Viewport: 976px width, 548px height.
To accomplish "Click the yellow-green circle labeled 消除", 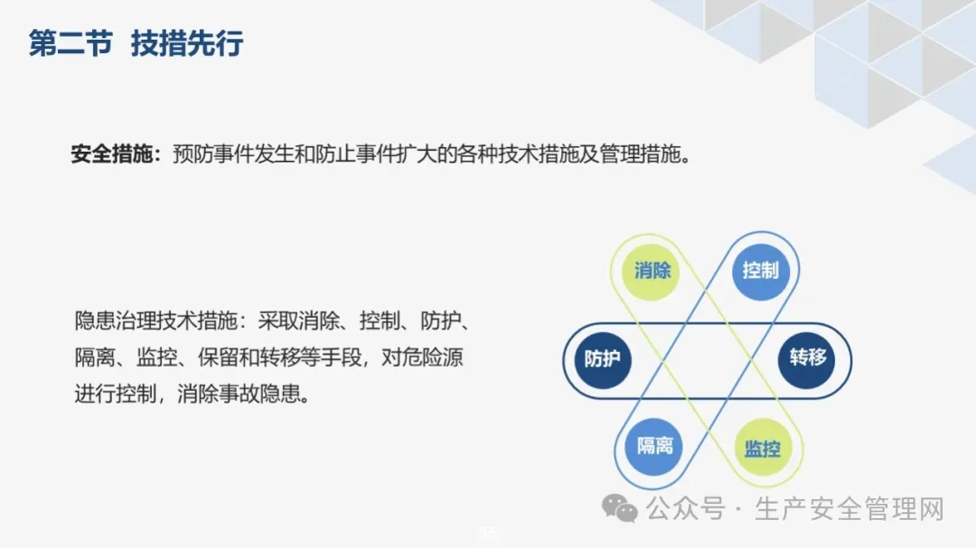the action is [x=651, y=271].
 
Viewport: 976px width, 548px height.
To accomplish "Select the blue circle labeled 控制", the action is [x=761, y=271].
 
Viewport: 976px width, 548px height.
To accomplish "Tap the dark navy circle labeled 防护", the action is [x=603, y=360].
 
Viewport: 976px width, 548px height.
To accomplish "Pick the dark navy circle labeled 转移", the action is [x=807, y=360].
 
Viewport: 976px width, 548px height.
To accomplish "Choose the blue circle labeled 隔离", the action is [x=653, y=447].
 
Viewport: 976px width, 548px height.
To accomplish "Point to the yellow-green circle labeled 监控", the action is [x=763, y=447].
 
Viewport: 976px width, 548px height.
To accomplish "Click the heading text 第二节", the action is [x=71, y=43].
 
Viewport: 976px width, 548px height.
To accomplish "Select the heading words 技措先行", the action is [x=187, y=43].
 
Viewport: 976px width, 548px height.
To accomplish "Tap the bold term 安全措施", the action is [x=112, y=153].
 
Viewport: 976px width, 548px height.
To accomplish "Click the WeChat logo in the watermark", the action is [x=619, y=508].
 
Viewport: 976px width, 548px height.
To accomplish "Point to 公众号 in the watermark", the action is [x=685, y=509].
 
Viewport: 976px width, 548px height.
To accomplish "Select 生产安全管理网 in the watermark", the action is [x=849, y=509].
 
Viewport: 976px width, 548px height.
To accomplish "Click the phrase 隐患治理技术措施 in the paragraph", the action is [x=156, y=321].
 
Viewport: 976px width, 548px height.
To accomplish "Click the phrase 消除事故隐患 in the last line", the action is [x=239, y=394].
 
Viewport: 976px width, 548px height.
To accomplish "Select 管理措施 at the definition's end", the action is [x=640, y=153].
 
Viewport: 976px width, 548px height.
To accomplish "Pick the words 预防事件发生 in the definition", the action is [x=233, y=153].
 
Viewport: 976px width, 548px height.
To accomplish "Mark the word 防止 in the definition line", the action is [x=335, y=153].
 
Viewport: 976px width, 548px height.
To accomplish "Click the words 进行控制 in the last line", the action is [x=115, y=394].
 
